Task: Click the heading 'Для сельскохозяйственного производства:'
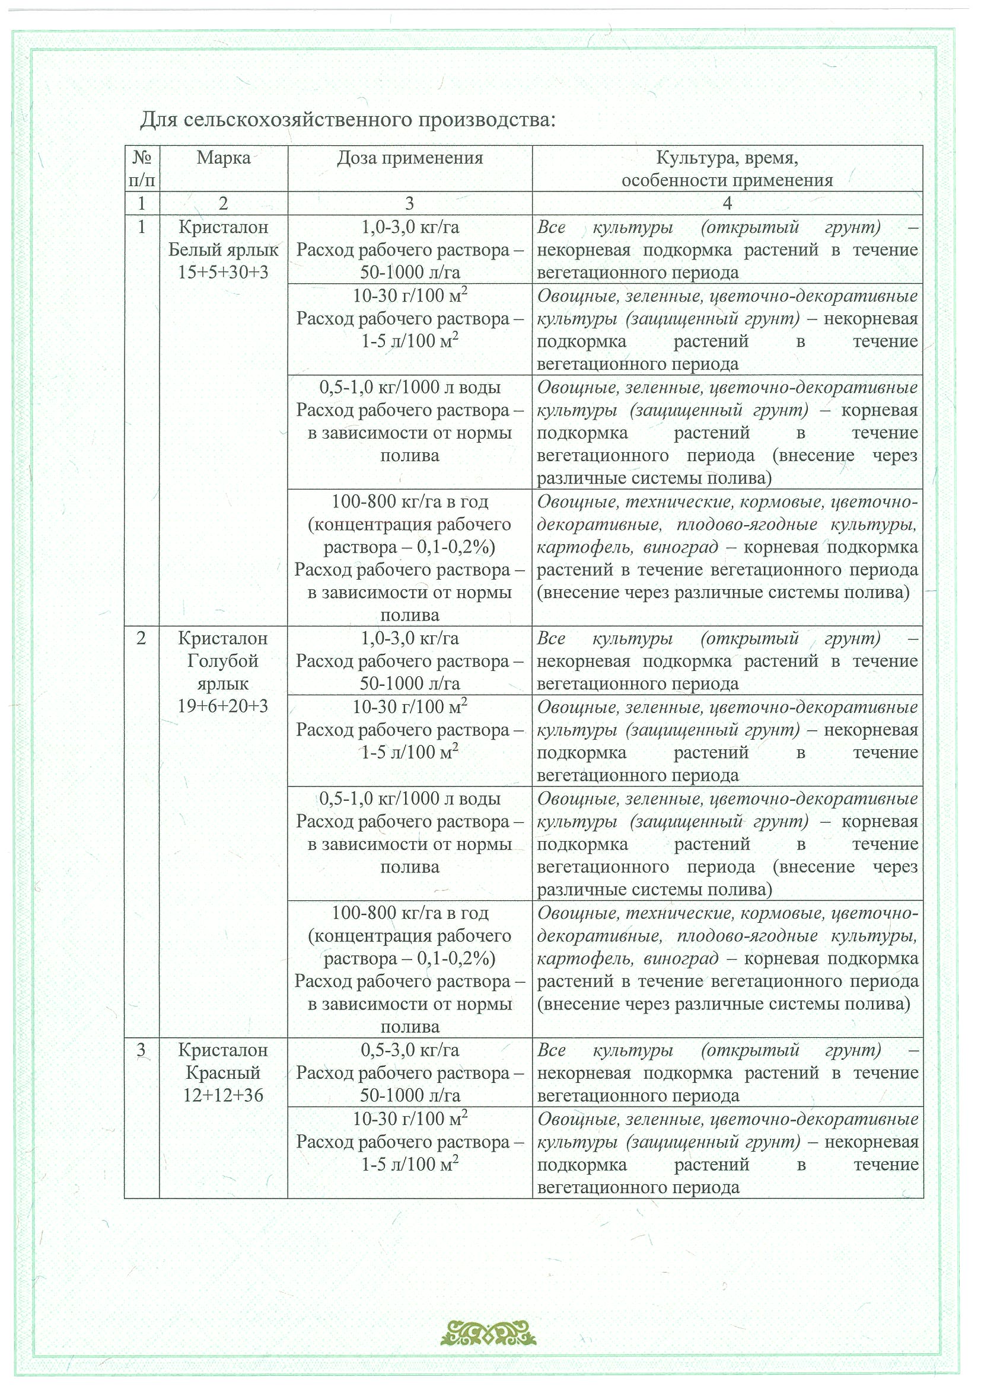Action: (x=348, y=120)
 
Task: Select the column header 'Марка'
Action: (x=223, y=158)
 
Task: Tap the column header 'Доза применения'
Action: (x=410, y=158)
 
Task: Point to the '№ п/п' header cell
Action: (x=141, y=168)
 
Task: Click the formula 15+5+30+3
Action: (x=223, y=273)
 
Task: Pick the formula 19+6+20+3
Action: (x=223, y=705)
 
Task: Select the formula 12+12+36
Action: (x=223, y=1095)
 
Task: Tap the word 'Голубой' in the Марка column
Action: (x=223, y=661)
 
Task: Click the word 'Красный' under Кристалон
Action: (x=223, y=1073)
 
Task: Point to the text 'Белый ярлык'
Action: (x=223, y=250)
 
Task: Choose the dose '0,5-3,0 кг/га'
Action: (x=410, y=1050)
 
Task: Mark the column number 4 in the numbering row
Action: (x=727, y=203)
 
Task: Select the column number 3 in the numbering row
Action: (x=410, y=203)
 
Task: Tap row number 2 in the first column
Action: (x=141, y=638)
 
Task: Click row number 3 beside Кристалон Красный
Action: (x=141, y=1050)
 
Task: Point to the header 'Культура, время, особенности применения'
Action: (x=727, y=168)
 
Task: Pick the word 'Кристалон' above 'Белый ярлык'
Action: (x=223, y=227)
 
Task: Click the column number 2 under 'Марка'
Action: (x=223, y=203)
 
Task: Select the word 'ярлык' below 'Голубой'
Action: (x=223, y=683)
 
